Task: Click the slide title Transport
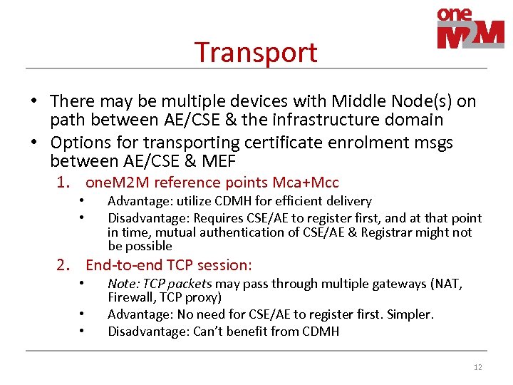pos(256,52)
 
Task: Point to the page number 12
pos(477,367)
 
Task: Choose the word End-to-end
pos(120,265)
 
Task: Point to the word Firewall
pos(129,297)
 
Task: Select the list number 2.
pos(64,265)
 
